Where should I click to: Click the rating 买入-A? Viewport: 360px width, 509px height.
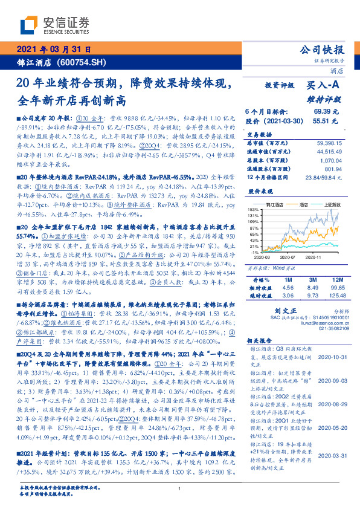(324, 86)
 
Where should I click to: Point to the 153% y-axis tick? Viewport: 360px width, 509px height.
(252, 209)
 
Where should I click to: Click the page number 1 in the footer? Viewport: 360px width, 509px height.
(180, 489)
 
